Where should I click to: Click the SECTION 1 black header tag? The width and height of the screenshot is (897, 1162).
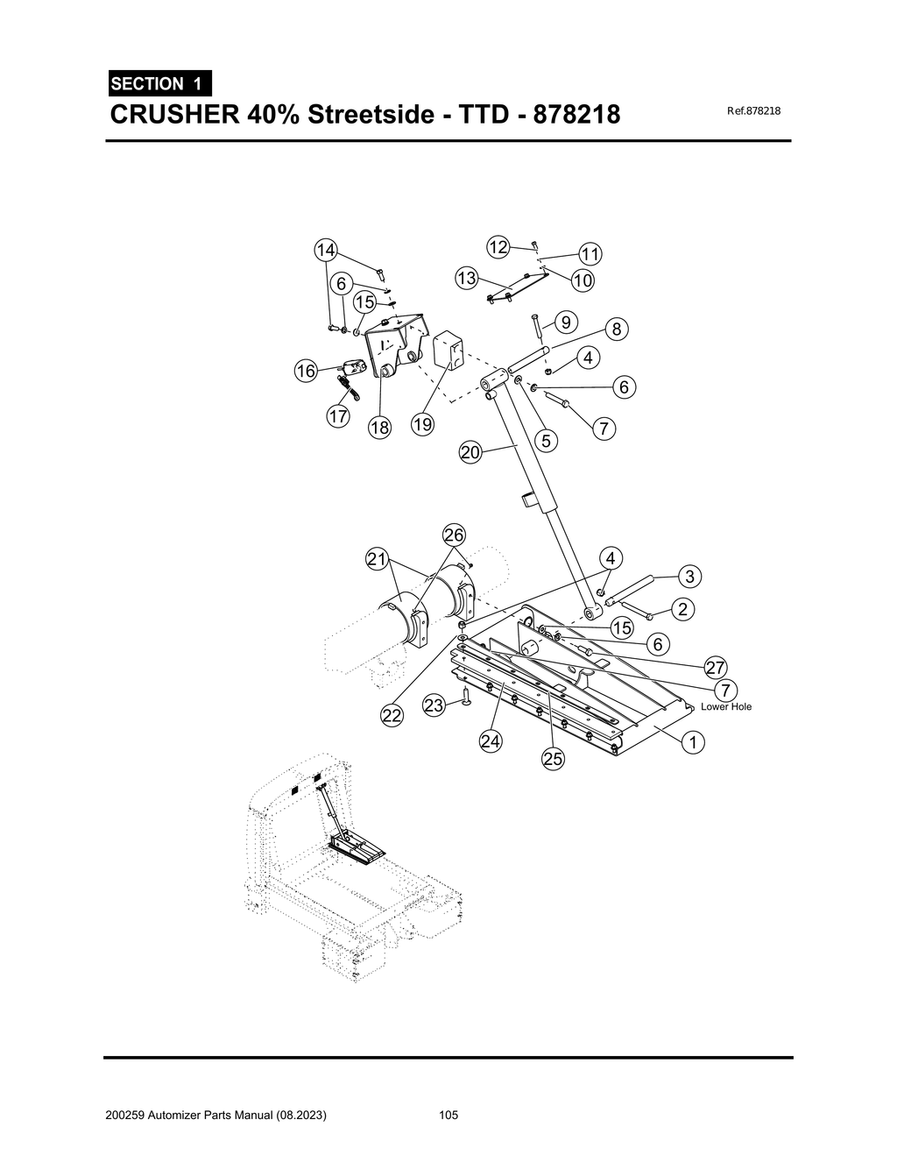click(x=159, y=84)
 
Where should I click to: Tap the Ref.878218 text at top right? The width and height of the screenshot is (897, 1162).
click(x=753, y=111)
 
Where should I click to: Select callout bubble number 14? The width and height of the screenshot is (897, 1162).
click(x=326, y=250)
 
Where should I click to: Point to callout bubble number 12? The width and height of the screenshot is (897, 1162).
click(x=498, y=247)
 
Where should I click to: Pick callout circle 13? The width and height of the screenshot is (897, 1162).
click(x=466, y=279)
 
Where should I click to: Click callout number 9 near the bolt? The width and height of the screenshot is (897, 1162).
click(x=566, y=322)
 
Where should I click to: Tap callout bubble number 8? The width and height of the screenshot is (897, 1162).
click(x=617, y=329)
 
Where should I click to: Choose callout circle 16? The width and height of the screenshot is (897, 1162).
click(x=305, y=371)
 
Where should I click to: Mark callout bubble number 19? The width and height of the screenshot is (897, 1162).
click(x=422, y=425)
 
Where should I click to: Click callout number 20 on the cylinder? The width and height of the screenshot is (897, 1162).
click(x=470, y=452)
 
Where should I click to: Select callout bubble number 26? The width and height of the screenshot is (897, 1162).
click(x=454, y=535)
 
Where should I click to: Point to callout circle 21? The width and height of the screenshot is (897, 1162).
click(x=377, y=558)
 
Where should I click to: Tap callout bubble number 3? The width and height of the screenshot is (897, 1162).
click(x=690, y=576)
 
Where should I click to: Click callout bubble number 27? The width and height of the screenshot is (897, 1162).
click(x=716, y=666)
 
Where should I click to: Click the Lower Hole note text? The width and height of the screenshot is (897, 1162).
click(x=726, y=706)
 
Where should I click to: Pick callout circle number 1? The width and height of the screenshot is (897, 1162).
click(x=693, y=742)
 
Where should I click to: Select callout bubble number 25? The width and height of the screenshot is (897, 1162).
click(x=553, y=759)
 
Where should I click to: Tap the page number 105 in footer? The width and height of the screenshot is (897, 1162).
click(x=448, y=1116)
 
